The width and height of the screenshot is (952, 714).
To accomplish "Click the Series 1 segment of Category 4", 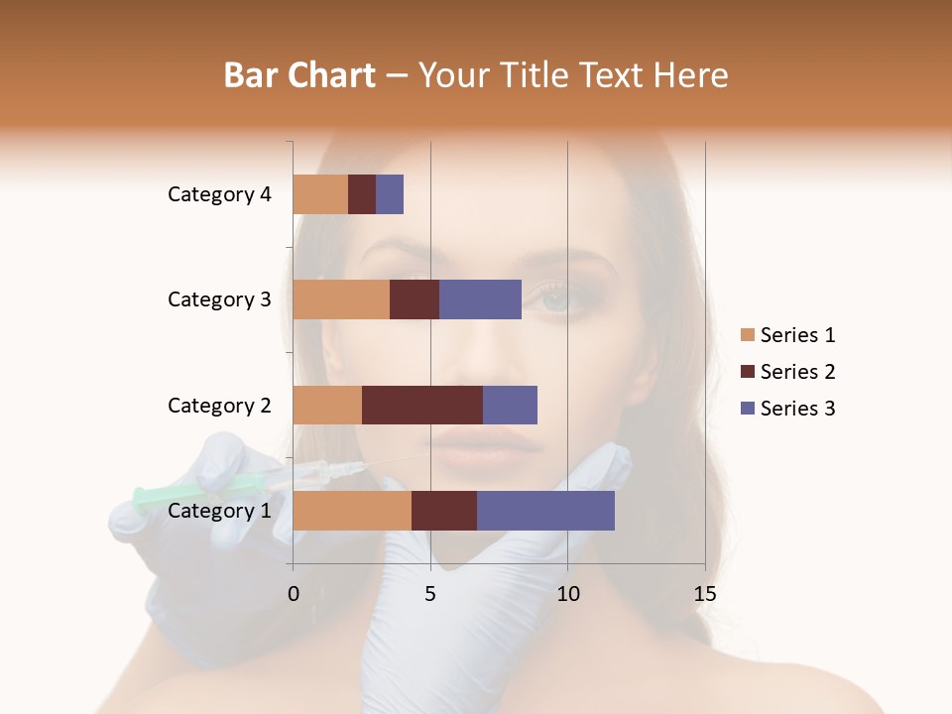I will tap(320, 194).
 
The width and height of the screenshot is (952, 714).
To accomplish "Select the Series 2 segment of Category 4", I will tap(362, 194).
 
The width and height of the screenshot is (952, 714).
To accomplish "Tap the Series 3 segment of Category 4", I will tap(390, 194).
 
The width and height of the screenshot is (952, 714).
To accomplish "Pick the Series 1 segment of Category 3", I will tap(341, 299).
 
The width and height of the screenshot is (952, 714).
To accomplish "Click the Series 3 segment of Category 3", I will tap(480, 299).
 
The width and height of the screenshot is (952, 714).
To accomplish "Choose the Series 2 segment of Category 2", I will tap(422, 405).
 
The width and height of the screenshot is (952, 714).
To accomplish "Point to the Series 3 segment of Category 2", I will tap(510, 405).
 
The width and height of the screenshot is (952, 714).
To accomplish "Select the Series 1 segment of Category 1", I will tap(352, 511).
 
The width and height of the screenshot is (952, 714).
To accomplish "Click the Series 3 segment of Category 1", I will tap(545, 511).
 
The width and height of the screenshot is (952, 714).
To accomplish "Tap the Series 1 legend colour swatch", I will tap(748, 335).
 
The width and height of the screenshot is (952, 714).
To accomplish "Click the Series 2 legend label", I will tap(797, 372).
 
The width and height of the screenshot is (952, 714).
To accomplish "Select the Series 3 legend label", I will tap(797, 409).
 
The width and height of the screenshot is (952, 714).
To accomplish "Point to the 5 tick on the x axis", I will tap(430, 594).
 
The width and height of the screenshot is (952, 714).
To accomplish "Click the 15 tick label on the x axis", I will tap(704, 594).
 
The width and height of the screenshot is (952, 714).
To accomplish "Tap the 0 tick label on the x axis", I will tap(294, 594).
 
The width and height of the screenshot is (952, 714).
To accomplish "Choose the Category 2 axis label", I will tap(219, 405).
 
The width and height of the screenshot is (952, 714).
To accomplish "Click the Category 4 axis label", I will tap(219, 194).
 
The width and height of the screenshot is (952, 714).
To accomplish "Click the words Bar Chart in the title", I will tap(299, 75).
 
